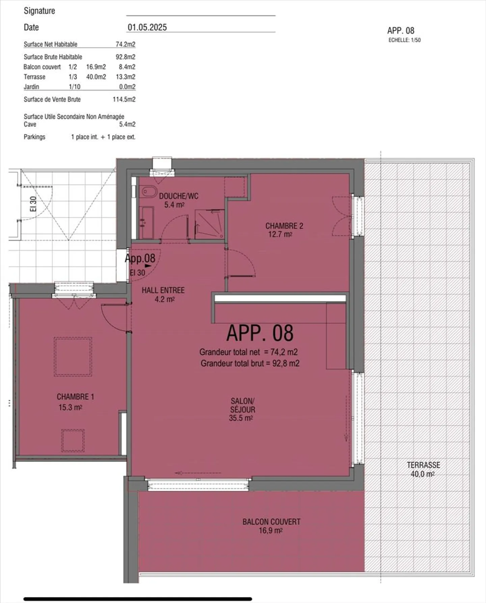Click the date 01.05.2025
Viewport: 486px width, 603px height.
coord(147,27)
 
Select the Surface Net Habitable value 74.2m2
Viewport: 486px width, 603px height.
coord(126,44)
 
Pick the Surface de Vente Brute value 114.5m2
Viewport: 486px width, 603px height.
coord(124,99)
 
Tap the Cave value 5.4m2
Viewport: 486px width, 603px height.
coord(127,124)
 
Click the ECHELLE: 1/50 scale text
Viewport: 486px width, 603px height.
coord(405,40)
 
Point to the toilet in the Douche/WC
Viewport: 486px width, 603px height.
coord(149,192)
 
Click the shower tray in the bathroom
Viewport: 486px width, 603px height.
coord(210,224)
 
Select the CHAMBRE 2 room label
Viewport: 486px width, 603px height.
coord(284,226)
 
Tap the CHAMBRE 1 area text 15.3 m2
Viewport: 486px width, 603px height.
coord(70,408)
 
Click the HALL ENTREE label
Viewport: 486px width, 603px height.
coord(163,290)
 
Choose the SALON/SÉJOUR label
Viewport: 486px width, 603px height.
coord(243,405)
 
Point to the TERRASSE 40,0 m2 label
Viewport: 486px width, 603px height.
coord(423,469)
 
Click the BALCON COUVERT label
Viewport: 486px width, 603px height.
coord(271,522)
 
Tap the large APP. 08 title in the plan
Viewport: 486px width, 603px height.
coord(260,333)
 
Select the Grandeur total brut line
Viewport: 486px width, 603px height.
coord(250,363)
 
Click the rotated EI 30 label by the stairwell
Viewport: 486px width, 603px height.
coord(33,204)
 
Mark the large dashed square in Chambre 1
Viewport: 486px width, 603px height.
coord(73,357)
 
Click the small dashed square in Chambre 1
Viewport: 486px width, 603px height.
coord(73,441)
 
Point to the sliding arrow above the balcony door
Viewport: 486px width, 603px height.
coord(198,473)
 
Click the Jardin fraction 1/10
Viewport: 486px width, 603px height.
coord(75,87)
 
